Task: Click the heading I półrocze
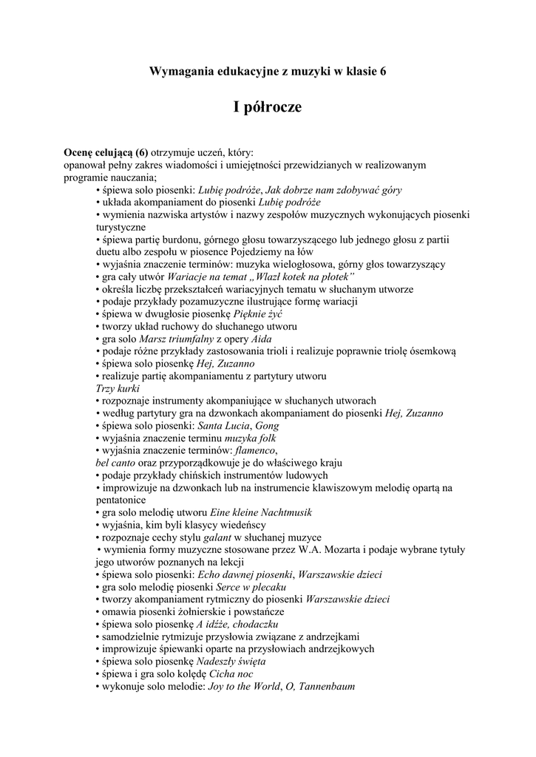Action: pos(268,108)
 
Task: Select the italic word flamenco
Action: pos(254,450)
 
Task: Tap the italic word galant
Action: pos(221,537)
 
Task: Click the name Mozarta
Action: pos(326,550)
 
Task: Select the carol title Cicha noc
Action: pos(231,674)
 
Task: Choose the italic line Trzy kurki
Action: pos(112,388)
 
